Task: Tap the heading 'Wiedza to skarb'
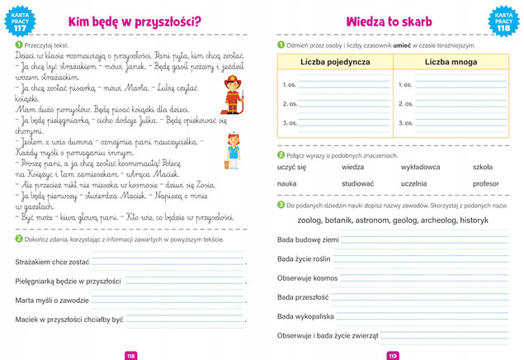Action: [x=390, y=21]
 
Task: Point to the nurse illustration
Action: [x=234, y=151]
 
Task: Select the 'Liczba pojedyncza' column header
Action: [x=334, y=63]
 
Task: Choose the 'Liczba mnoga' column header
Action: [x=450, y=63]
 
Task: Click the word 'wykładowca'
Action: [x=420, y=167]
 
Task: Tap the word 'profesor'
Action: [x=485, y=183]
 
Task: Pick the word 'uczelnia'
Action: [x=414, y=183]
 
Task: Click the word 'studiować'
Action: [x=358, y=183]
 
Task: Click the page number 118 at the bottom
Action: [x=130, y=355]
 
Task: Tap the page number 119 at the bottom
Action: [x=393, y=355]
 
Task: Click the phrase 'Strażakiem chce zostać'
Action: [x=52, y=262]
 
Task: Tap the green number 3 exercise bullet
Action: [x=281, y=205]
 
